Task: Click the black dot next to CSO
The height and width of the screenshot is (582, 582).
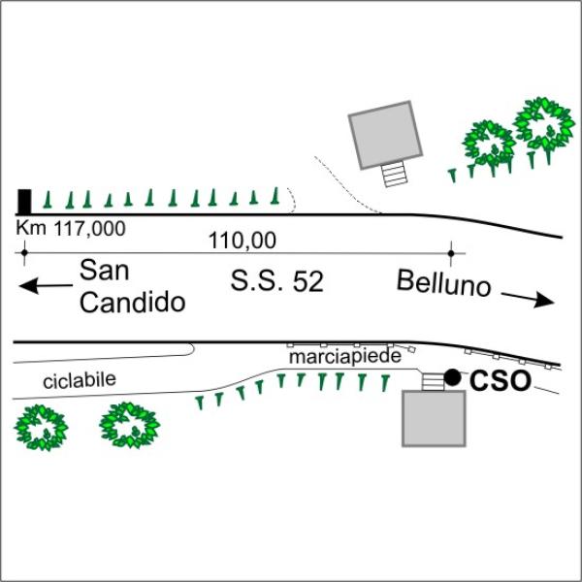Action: click(x=452, y=375)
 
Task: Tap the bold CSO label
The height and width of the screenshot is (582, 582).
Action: click(x=501, y=381)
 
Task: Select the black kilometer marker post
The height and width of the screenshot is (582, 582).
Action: click(x=24, y=201)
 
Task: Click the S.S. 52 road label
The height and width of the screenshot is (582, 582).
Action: click(x=276, y=282)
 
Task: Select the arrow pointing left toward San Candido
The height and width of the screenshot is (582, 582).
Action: click(x=45, y=285)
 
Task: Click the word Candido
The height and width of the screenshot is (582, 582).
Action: click(x=132, y=303)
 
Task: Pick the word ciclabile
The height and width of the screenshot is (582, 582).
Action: click(x=80, y=381)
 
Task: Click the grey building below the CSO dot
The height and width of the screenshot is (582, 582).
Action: click(x=434, y=418)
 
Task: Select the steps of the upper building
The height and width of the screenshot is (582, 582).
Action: click(x=394, y=175)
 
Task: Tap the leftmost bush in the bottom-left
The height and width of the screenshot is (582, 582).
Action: click(x=42, y=427)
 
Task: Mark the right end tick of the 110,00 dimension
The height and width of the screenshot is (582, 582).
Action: click(x=452, y=254)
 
